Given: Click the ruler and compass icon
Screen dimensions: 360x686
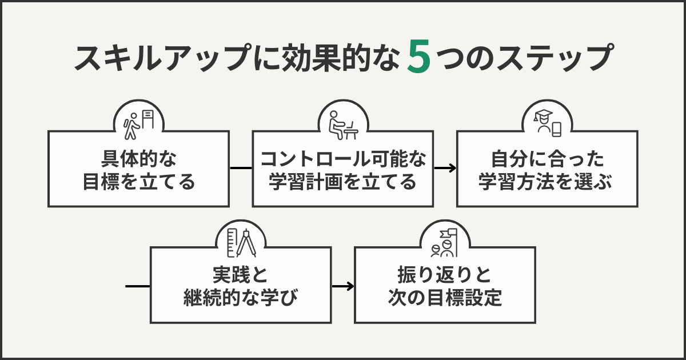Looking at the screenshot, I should (241, 242).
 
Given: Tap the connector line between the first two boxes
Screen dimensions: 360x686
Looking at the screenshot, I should (241, 168).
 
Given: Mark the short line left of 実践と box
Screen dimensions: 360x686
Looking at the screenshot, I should (137, 285).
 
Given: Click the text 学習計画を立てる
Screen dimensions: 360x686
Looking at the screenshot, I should (343, 182).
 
